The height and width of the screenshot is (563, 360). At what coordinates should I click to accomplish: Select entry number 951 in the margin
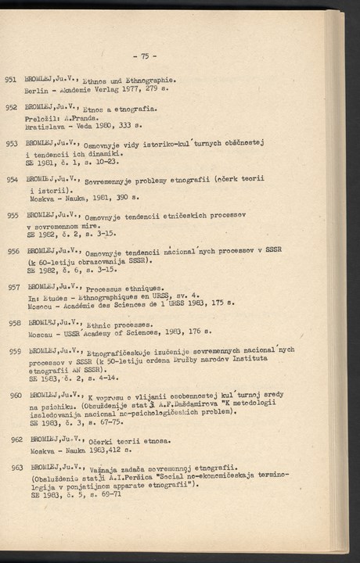click(12, 79)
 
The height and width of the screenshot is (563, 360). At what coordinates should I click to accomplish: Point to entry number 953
click(12, 144)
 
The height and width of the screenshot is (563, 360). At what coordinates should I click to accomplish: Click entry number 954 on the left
click(12, 180)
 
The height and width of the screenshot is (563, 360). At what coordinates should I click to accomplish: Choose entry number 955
click(12, 215)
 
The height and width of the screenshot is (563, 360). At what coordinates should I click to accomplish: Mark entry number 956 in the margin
click(12, 251)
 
